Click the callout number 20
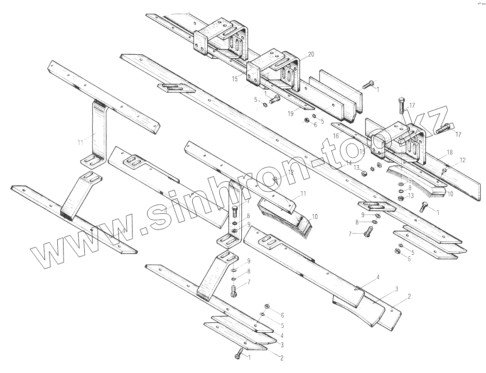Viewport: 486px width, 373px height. (311, 54)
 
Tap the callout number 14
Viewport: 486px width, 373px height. (349, 163)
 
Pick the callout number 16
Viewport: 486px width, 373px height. (336, 135)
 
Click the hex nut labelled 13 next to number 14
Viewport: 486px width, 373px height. (364, 172)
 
